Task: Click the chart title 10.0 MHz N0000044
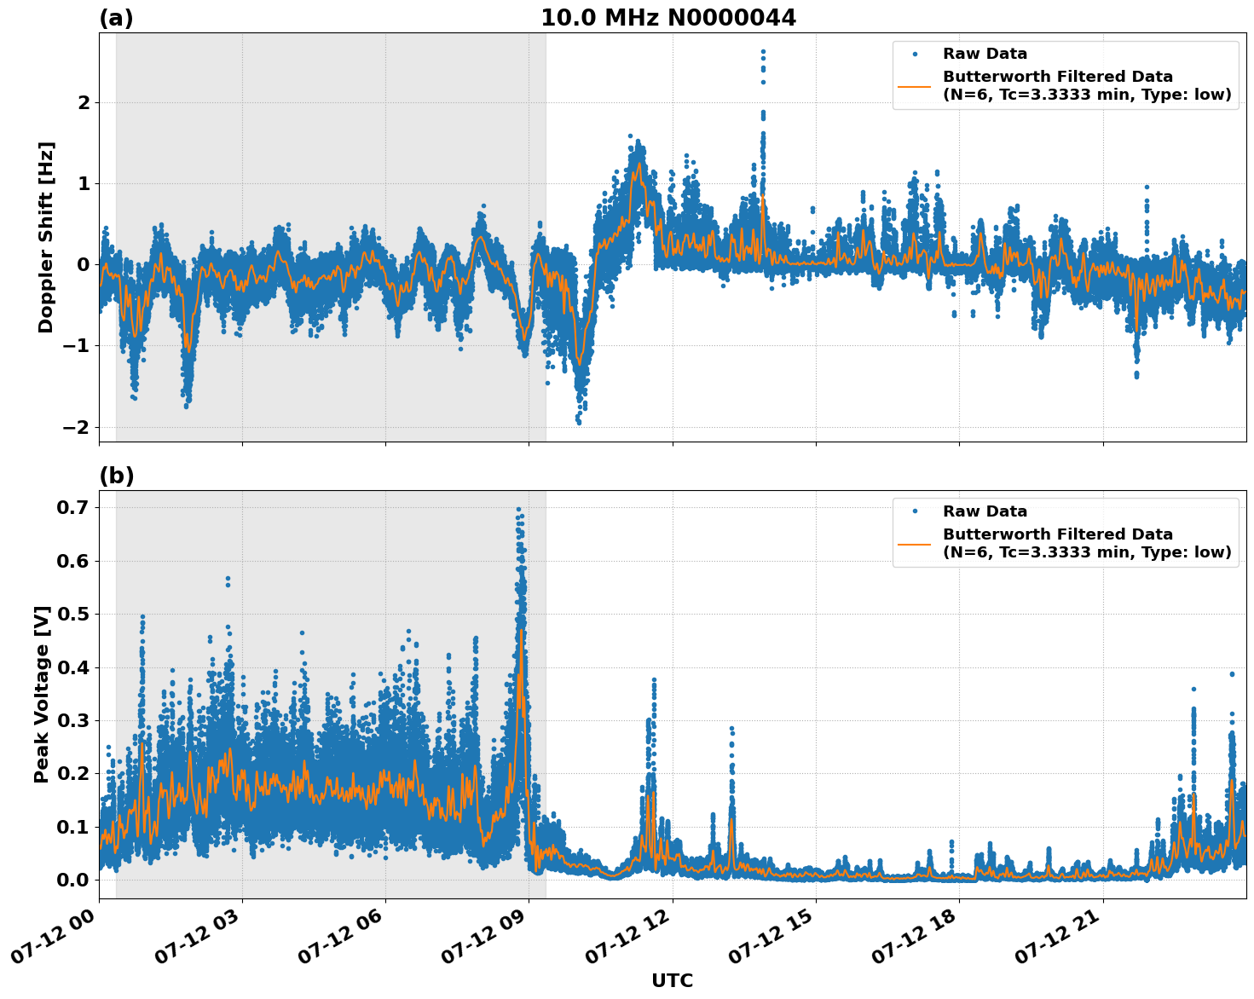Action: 667,18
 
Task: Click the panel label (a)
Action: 116,18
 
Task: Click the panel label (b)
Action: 116,476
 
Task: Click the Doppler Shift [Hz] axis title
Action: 46,237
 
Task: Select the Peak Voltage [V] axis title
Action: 42,694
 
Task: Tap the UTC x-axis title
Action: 672,980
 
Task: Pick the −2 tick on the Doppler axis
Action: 76,427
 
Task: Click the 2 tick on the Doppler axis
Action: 84,102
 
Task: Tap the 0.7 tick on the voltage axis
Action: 73,508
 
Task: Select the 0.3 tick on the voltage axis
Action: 73,720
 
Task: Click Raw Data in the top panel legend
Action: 985,54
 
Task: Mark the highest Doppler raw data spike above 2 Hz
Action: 763,51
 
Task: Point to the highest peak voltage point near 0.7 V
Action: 518,510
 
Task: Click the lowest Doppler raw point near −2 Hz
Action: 579,422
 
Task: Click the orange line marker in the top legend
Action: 914,85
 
